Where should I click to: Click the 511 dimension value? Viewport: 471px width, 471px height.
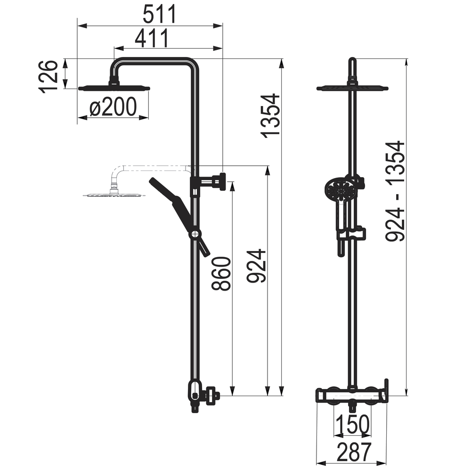[x=159, y=15]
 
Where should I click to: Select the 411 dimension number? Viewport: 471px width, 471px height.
[x=152, y=39]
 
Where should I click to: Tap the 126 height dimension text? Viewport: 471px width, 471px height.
[x=48, y=77]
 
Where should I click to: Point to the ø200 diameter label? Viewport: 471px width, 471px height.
[x=113, y=107]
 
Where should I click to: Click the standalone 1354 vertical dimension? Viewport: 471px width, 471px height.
[x=270, y=116]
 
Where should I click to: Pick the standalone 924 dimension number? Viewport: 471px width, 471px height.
[x=256, y=266]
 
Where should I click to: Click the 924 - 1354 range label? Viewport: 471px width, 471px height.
[x=395, y=191]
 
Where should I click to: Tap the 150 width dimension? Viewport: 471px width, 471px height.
[x=353, y=424]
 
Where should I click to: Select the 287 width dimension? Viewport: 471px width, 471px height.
[x=354, y=452]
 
